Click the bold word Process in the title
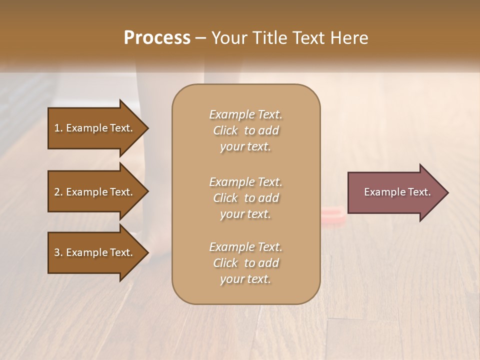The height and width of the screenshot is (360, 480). coord(157,38)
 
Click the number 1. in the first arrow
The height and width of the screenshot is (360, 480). coord(58,128)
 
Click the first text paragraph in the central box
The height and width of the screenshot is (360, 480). coord(245,130)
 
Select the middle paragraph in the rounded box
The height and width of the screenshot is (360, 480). coord(245,198)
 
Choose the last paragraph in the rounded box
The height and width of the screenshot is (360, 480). coord(245,263)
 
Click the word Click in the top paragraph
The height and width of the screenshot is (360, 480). coord(225,131)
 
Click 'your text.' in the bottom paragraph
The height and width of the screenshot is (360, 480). coord(245,279)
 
